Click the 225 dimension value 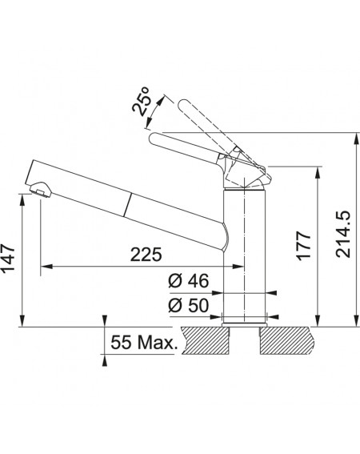pyautogui.click(x=146, y=255)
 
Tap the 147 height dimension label pyautogui.click(x=8, y=259)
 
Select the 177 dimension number pyautogui.click(x=304, y=246)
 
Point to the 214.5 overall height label pyautogui.click(x=343, y=235)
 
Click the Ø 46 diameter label pyautogui.click(x=188, y=281)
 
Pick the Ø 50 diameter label pyautogui.click(x=188, y=305)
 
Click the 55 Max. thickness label pyautogui.click(x=143, y=343)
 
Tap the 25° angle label pyautogui.click(x=142, y=101)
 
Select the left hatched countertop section pyautogui.click(x=206, y=340)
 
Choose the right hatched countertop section pyautogui.click(x=286, y=340)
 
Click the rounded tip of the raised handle pyautogui.click(x=183, y=105)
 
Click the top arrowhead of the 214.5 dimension pyautogui.click(x=356, y=139)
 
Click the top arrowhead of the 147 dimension pyautogui.click(x=22, y=200)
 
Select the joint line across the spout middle pyautogui.click(x=128, y=205)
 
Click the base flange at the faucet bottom pyautogui.click(x=244, y=324)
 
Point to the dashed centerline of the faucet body pyautogui.click(x=245, y=250)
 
